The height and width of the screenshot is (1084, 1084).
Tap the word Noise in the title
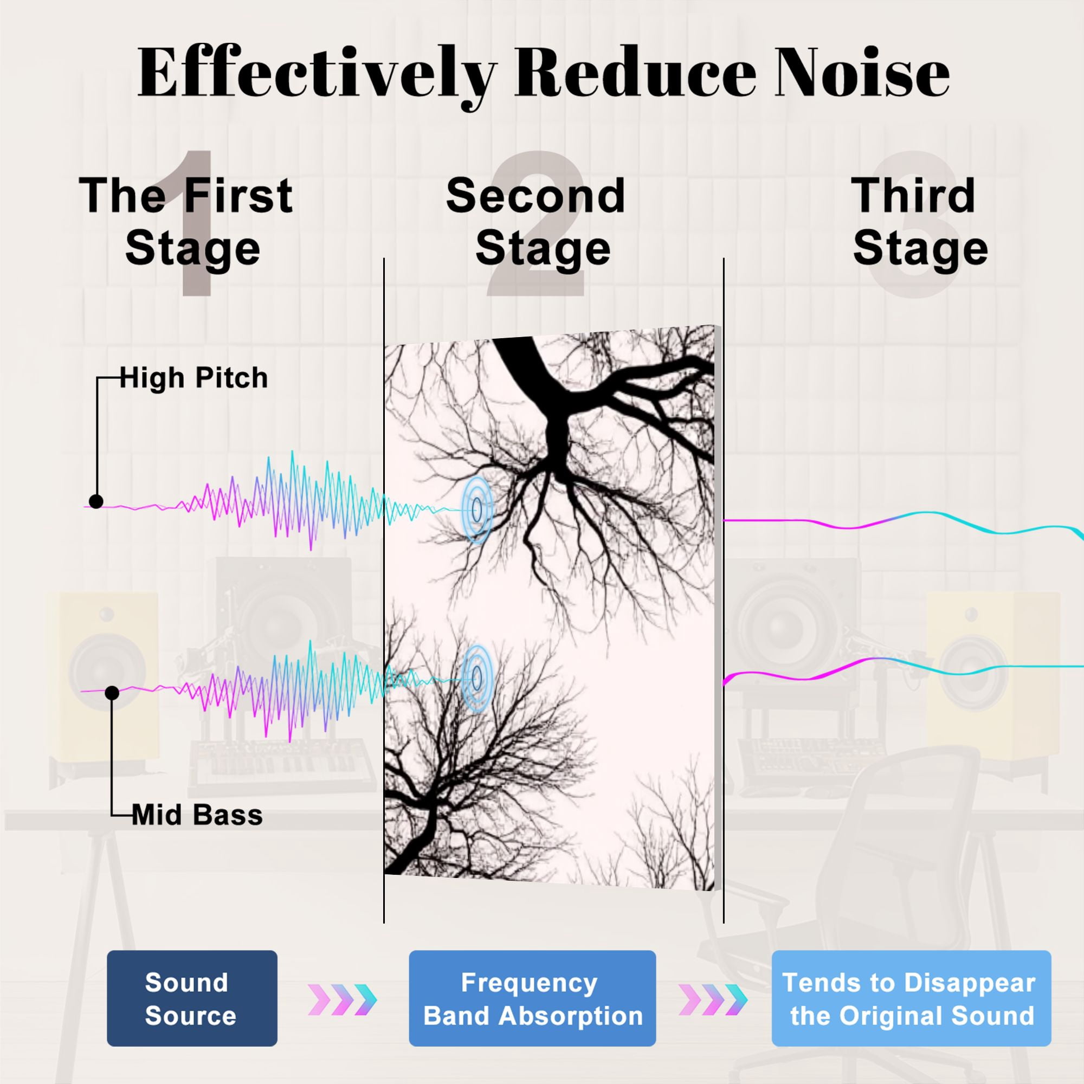862,73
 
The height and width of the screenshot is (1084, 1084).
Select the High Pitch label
193,378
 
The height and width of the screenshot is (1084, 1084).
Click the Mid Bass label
197,815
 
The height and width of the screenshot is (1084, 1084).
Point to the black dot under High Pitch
96,501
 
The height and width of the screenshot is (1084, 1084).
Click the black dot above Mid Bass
112,694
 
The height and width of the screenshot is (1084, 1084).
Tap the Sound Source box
192,998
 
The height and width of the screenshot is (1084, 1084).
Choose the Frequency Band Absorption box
532,998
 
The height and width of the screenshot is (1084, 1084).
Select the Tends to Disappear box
911,998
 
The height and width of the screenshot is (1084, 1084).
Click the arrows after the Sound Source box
342,999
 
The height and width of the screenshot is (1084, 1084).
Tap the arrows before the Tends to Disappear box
713,999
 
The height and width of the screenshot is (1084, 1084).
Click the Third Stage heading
920,222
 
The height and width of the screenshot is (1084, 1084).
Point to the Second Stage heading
536,222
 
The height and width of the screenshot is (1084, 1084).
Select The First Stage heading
186,222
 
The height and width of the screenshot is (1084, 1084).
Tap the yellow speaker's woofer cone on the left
107,671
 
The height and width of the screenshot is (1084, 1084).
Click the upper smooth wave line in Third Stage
904,521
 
